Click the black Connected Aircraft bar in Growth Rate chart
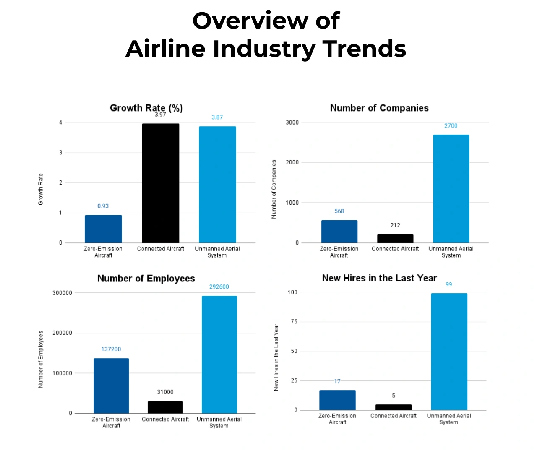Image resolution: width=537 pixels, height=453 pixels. (160, 183)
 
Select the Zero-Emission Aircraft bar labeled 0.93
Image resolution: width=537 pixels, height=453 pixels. (103, 229)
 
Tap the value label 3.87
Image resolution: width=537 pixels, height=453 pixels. (217, 117)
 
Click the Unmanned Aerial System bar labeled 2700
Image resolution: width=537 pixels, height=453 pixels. (451, 189)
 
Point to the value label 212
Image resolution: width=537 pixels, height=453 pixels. (395, 225)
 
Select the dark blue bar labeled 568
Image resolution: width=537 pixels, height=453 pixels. (339, 232)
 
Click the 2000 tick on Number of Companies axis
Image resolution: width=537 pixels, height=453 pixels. (292, 163)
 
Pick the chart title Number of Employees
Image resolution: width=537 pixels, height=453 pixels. (146, 279)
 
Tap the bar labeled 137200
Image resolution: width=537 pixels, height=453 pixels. (111, 386)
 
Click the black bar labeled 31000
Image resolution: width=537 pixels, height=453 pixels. (165, 407)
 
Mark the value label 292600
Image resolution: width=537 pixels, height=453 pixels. (219, 287)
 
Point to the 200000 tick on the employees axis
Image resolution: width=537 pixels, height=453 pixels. (62, 333)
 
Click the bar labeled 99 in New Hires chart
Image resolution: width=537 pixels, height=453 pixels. (449, 351)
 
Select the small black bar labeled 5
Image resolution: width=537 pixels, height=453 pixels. (394, 407)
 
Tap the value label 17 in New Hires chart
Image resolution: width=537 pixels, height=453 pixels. (337, 381)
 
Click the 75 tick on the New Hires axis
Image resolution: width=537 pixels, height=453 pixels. (294, 322)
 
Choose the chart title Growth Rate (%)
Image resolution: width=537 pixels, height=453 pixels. (146, 108)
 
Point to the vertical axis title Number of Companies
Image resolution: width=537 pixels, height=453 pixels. (274, 189)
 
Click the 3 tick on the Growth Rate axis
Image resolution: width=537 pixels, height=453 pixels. (60, 153)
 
